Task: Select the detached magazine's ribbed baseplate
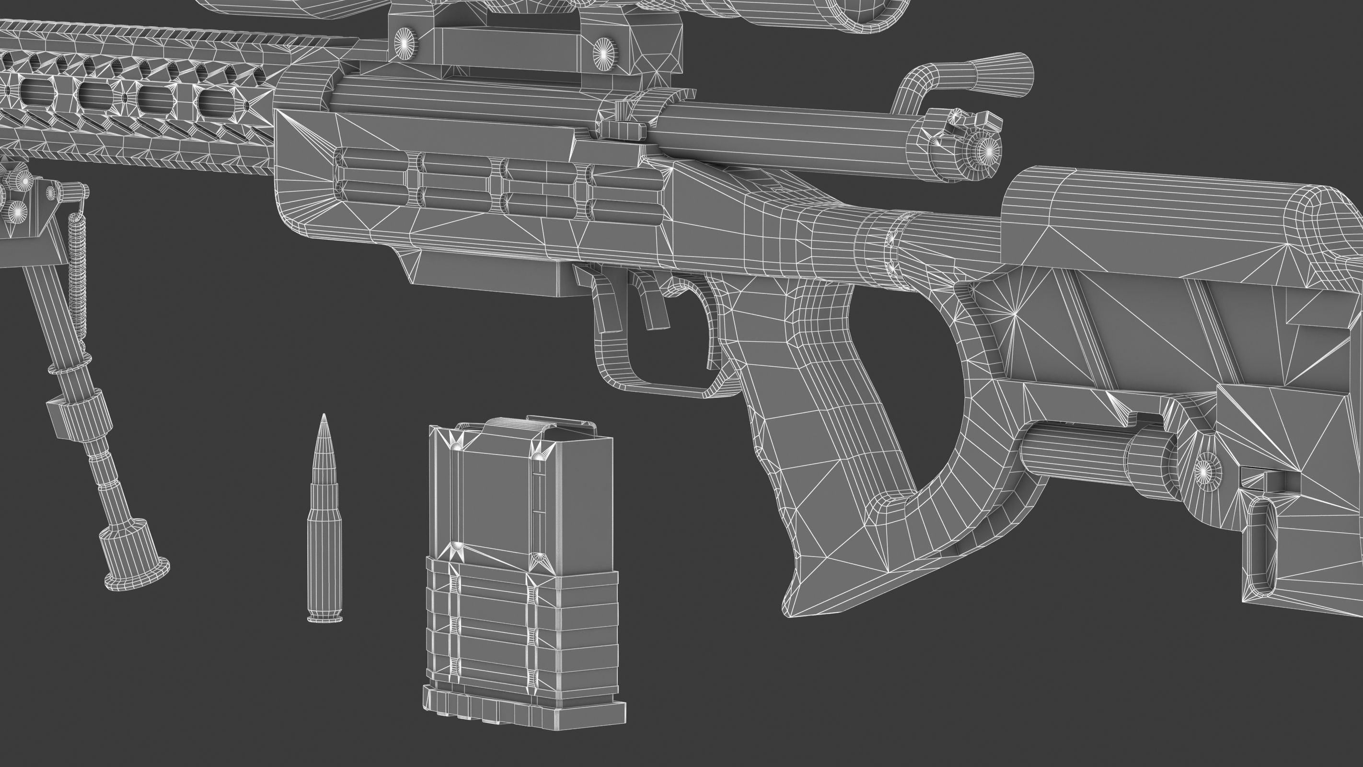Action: [x=524, y=710]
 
